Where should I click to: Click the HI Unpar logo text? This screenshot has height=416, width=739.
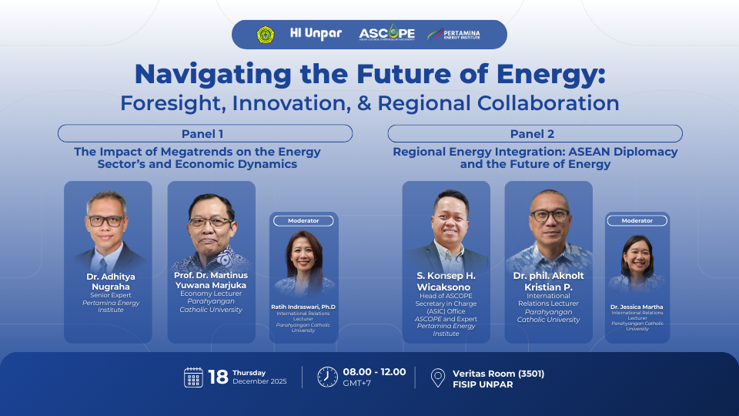316,33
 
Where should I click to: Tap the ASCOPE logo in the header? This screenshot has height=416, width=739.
387,33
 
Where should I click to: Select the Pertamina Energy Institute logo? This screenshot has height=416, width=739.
453,34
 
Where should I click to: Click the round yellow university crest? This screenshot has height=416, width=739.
266,35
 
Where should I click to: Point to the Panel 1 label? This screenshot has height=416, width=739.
202,134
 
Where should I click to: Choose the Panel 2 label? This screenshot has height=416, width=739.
532,134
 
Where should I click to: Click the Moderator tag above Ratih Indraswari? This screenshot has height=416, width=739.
303,221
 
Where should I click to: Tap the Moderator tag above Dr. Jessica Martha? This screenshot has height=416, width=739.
637,221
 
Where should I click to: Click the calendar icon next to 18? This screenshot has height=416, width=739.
193,377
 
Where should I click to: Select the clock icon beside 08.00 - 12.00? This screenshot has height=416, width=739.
328,377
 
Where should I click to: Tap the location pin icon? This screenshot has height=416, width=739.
438,377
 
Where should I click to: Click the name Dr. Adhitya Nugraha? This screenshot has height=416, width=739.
111,282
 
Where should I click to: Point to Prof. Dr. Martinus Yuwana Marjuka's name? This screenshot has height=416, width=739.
211,280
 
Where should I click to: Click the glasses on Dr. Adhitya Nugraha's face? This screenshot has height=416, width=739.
106,221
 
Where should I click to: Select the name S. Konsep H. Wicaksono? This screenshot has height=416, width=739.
446,282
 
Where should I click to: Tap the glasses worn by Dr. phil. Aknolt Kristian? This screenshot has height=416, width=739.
550,216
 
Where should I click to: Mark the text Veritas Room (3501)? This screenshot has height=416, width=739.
499,374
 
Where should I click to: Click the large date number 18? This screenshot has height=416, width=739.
218,377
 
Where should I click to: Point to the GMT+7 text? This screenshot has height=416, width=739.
356,384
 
